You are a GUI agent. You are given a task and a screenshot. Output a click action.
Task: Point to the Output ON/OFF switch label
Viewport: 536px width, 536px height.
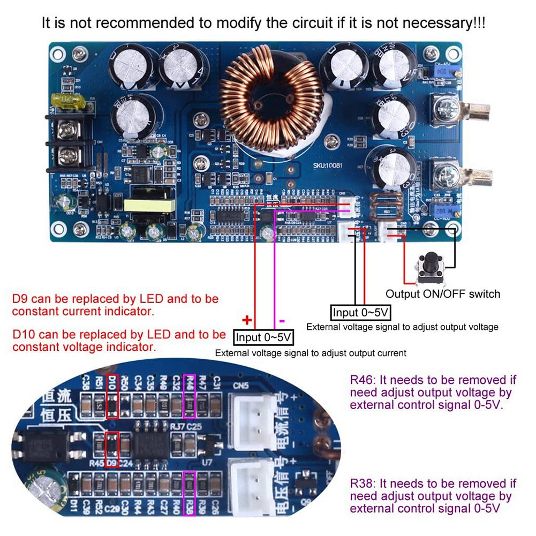tap(443, 293)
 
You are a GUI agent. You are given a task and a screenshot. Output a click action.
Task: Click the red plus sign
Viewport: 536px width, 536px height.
tap(247, 320)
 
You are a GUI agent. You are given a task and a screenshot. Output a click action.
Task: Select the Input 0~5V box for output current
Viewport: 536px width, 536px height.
tap(263, 337)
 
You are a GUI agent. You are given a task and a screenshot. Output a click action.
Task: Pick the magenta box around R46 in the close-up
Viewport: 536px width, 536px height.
tap(190, 397)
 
